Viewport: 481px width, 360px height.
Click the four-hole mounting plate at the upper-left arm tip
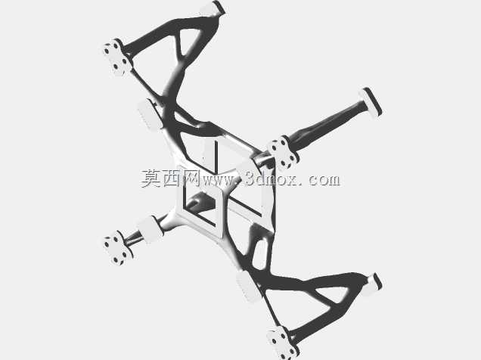116,57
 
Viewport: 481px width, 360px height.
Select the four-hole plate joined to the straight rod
283,153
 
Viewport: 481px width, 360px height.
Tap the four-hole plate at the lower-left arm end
117,249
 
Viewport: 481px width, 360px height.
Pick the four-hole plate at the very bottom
281,343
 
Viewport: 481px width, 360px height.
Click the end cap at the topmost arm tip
214,8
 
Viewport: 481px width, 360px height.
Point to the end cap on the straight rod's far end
371,103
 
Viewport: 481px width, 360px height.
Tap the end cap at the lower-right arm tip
373,284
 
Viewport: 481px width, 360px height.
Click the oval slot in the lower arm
259,255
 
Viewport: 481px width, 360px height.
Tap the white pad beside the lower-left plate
150,229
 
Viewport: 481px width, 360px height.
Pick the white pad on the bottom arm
249,287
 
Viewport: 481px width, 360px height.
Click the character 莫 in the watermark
151,178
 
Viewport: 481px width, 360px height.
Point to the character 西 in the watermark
172,178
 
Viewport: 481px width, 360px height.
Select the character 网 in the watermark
192,178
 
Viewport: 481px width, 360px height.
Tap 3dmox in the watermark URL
272,179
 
